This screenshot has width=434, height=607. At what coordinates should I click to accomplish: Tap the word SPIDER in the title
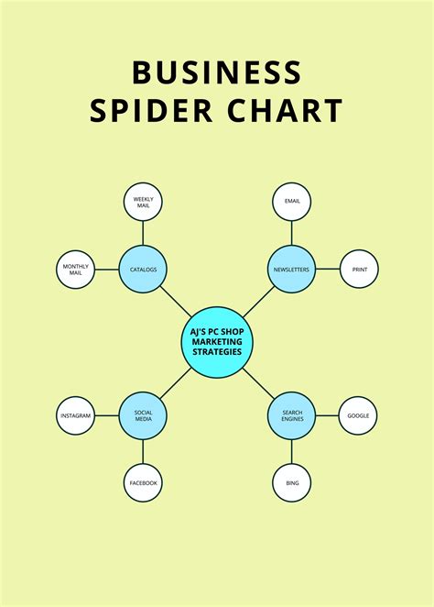pos(143,111)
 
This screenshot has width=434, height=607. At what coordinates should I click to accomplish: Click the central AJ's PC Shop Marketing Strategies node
pos(217,343)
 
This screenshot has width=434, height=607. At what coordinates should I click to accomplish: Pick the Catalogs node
pos(143,270)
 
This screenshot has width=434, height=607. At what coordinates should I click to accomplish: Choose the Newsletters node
pos(291,270)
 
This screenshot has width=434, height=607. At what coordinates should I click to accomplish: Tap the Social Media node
pos(143,416)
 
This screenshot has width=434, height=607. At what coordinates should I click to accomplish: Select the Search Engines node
pos(291,416)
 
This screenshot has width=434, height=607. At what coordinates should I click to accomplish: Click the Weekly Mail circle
pos(143,202)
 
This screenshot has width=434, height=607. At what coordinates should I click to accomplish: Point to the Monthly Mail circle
pos(75,270)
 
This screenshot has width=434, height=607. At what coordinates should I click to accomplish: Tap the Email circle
pos(291,202)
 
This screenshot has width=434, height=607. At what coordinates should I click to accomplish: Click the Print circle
pos(359,270)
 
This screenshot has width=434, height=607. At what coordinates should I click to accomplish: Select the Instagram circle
pos(75,416)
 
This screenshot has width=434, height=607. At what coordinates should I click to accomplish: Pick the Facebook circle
pos(143,483)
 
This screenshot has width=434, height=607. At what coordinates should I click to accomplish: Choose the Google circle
pos(359,416)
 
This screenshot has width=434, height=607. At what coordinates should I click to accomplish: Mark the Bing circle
pos(291,483)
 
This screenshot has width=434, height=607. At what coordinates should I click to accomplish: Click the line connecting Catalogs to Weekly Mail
pos(143,233)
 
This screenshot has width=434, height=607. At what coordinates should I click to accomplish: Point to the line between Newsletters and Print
pos(327,270)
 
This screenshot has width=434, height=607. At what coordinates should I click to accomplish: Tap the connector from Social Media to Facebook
pos(143,452)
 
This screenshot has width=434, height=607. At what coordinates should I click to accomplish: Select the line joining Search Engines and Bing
pos(291,452)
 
